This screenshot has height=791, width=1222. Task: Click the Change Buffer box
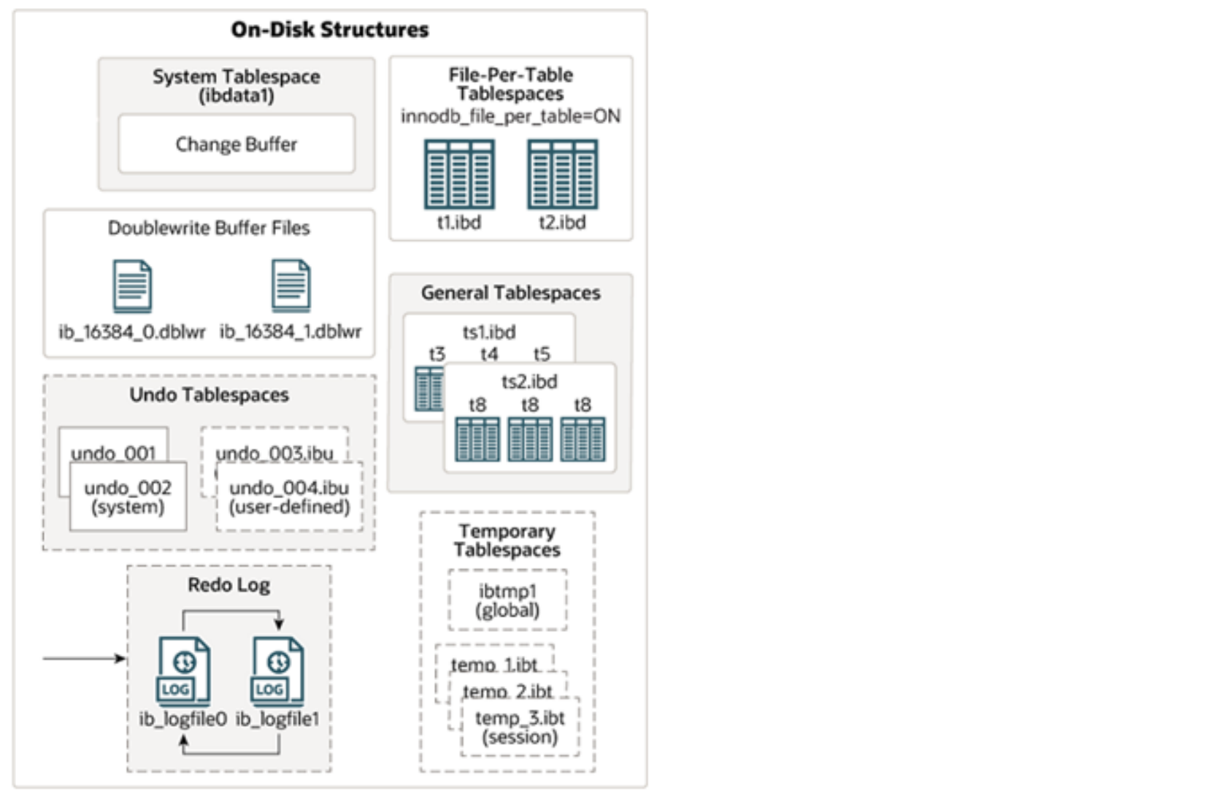pyautogui.click(x=237, y=144)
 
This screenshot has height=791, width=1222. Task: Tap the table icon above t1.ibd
pyautogui.click(x=459, y=175)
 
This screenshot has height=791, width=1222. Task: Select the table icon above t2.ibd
pyautogui.click(x=562, y=175)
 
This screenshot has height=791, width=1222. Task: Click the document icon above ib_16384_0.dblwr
pyautogui.click(x=132, y=286)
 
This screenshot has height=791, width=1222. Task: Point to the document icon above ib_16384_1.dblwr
pyautogui.click(x=291, y=286)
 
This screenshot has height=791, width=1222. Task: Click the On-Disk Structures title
pyautogui.click(x=330, y=29)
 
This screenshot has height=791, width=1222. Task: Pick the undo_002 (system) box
pyautogui.click(x=128, y=497)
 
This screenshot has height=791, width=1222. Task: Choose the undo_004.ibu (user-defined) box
pyautogui.click(x=289, y=497)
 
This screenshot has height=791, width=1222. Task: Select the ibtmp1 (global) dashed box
pyautogui.click(x=507, y=600)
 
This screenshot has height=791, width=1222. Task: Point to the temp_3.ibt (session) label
pyautogui.click(x=520, y=727)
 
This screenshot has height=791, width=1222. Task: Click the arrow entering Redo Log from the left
pyautogui.click(x=84, y=658)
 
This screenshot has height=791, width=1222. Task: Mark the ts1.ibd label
pyautogui.click(x=489, y=332)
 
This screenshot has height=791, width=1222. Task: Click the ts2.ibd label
pyautogui.click(x=529, y=381)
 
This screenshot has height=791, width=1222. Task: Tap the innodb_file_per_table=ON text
pyautogui.click(x=510, y=116)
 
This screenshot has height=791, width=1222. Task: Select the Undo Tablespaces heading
pyautogui.click(x=210, y=395)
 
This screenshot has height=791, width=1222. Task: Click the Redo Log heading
pyautogui.click(x=229, y=585)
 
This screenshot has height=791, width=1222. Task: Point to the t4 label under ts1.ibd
pyautogui.click(x=489, y=354)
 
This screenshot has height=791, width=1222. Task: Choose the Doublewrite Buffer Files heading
pyautogui.click(x=209, y=228)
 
